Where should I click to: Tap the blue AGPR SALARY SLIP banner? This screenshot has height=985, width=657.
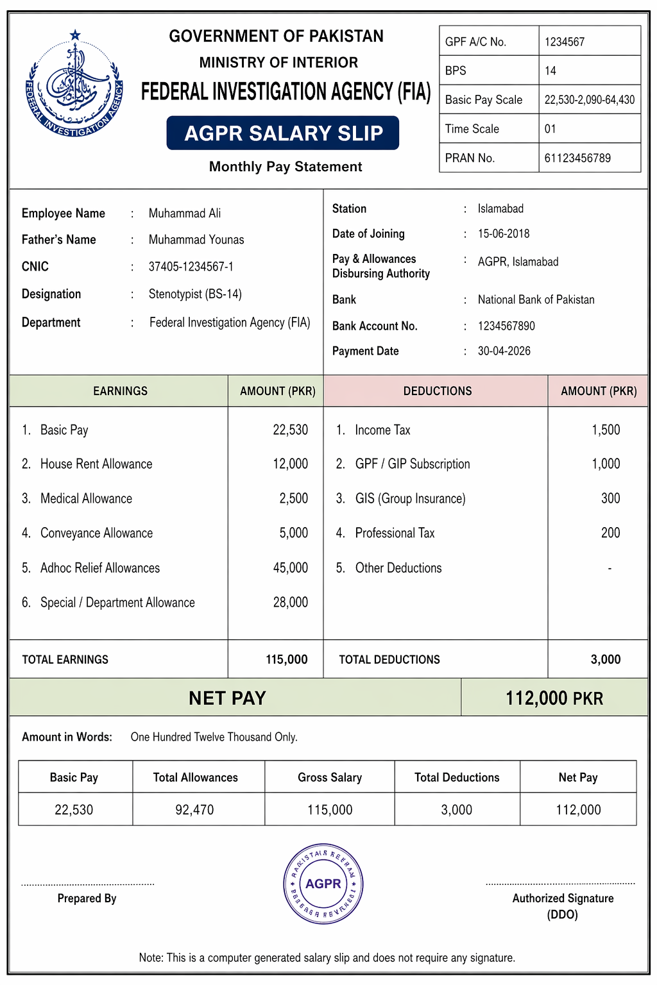[283, 133]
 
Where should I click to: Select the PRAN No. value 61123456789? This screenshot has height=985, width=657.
[577, 158]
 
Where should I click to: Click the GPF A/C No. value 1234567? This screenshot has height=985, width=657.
[565, 42]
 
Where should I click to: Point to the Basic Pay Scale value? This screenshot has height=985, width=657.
[589, 100]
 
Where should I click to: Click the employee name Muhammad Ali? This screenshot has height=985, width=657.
[185, 214]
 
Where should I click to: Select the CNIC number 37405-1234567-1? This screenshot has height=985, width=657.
[191, 267]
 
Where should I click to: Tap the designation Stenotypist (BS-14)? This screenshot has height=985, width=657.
[195, 294]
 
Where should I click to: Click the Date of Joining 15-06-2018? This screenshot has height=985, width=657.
[504, 234]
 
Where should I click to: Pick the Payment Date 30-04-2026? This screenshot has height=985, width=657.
[504, 351]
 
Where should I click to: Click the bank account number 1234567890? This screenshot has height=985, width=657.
[506, 326]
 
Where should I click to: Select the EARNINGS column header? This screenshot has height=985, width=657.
[120, 391]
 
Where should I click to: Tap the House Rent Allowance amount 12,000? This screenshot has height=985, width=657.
[290, 464]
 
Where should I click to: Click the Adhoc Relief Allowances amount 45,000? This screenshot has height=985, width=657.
[290, 568]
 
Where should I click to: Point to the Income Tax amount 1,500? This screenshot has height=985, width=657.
[606, 430]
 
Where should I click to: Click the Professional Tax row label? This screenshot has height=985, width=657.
[395, 534]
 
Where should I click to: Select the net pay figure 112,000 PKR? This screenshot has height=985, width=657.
[554, 698]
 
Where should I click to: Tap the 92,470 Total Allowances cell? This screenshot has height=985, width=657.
[195, 810]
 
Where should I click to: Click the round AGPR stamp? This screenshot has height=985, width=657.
[323, 884]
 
